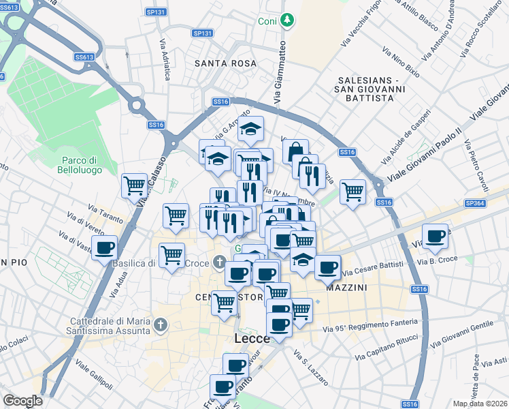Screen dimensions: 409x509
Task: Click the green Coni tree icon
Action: click(x=288, y=20)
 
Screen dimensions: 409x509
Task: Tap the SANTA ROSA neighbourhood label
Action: click(x=225, y=63)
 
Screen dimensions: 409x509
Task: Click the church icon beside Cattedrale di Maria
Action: click(x=161, y=324)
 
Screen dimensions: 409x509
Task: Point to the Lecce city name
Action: click(x=252, y=339)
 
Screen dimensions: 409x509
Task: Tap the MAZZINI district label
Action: click(x=346, y=288)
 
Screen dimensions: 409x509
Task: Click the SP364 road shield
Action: click(x=476, y=203)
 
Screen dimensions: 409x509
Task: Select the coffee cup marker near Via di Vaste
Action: click(x=104, y=249)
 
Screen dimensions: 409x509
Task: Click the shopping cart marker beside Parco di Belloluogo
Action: click(x=134, y=185)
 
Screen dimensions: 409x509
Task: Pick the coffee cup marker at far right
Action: click(x=435, y=237)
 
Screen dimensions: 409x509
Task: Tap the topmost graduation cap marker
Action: click(x=250, y=128)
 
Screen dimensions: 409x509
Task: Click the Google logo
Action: click(x=22, y=401)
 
